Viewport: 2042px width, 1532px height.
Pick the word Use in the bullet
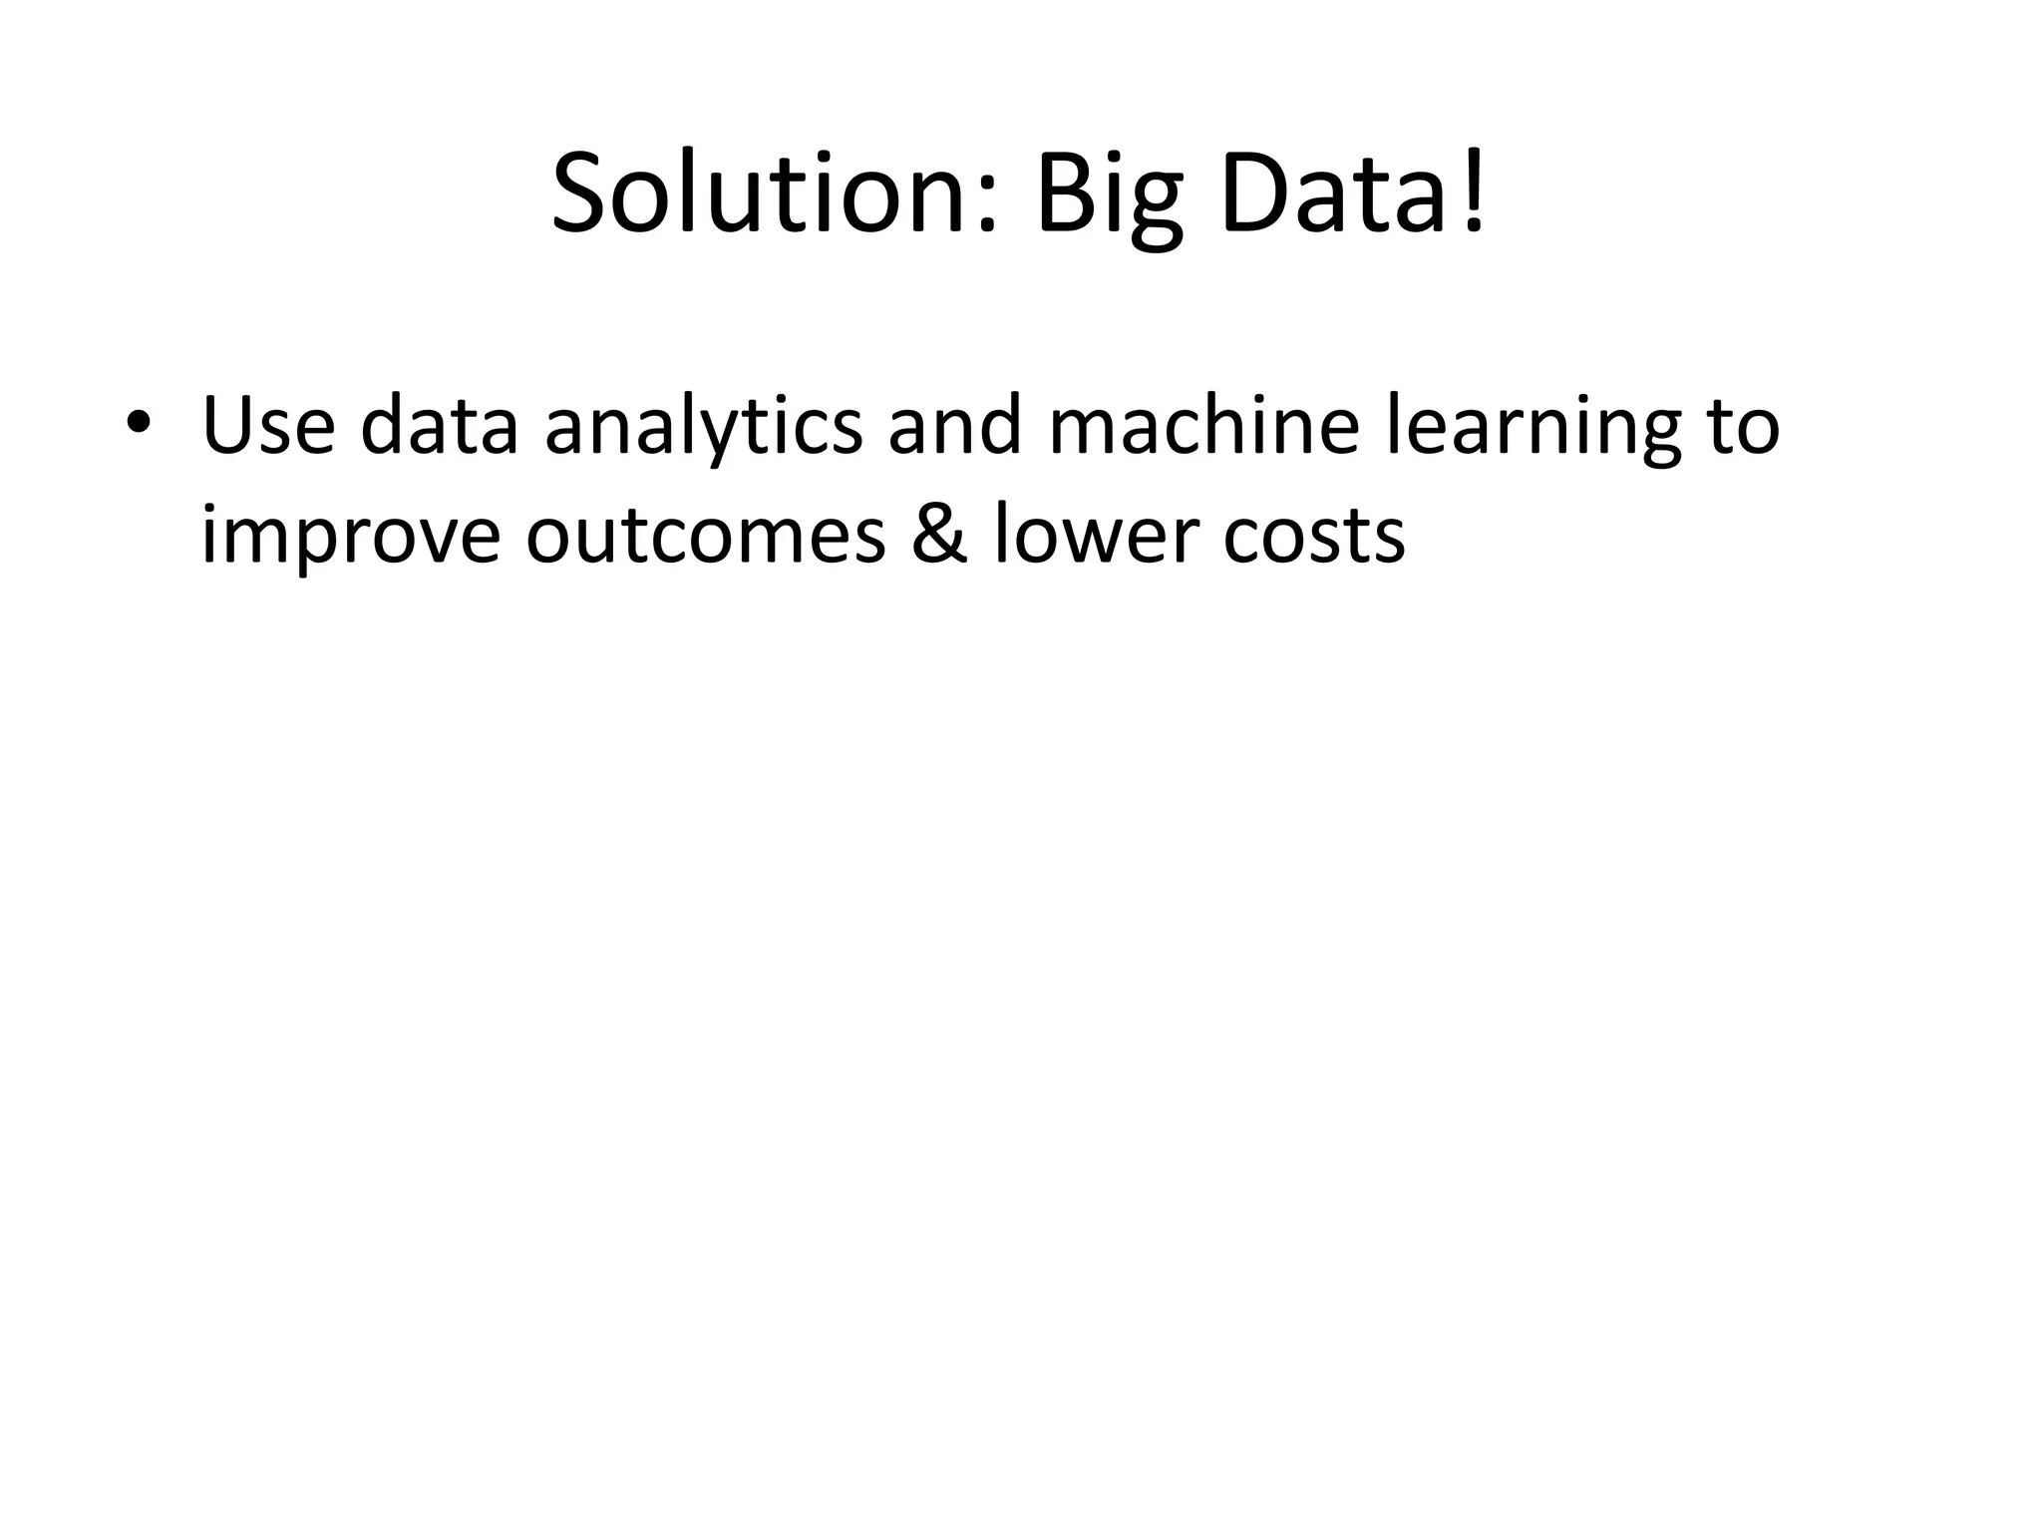click(x=268, y=426)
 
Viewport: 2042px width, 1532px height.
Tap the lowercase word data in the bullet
click(x=439, y=426)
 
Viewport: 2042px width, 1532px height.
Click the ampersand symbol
click(x=938, y=536)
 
